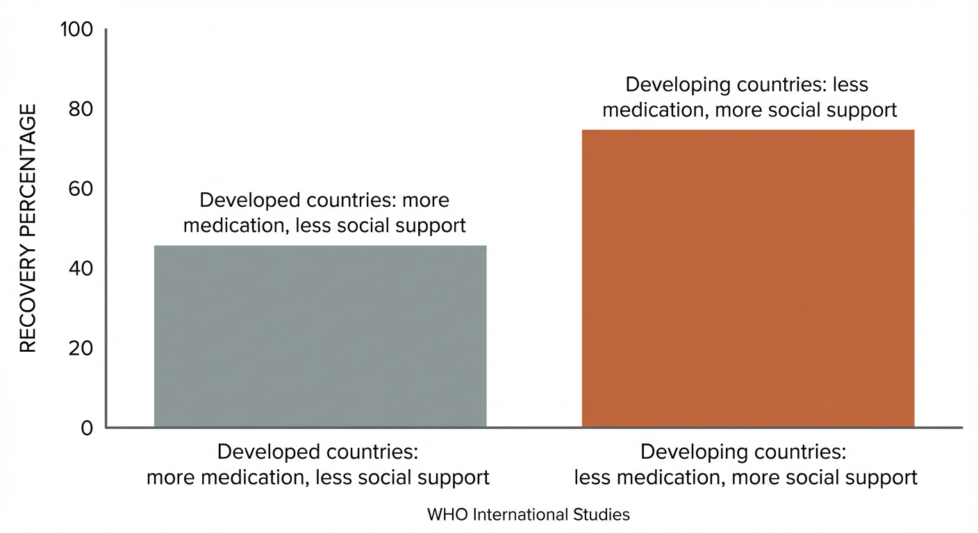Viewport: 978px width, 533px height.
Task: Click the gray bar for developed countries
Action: click(x=320, y=337)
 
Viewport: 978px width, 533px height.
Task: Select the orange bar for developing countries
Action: click(x=748, y=278)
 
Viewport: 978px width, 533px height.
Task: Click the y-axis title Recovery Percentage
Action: click(x=27, y=228)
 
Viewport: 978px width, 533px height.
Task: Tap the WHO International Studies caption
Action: click(x=528, y=515)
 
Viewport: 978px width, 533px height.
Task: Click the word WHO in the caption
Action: click(x=444, y=515)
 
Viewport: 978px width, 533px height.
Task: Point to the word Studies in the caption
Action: click(x=604, y=515)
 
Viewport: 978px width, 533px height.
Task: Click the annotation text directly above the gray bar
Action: click(x=324, y=213)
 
